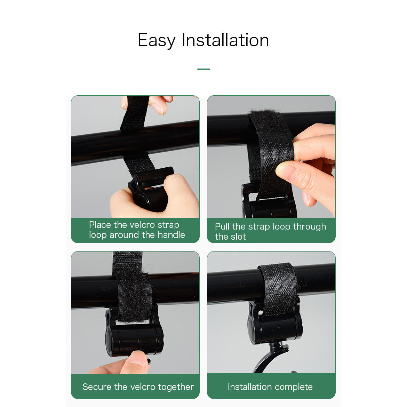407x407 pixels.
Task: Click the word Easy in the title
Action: [x=156, y=40]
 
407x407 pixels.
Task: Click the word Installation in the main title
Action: [x=225, y=40]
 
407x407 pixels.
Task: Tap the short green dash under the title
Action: [x=203, y=69]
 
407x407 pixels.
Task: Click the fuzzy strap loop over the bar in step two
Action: [x=268, y=129]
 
